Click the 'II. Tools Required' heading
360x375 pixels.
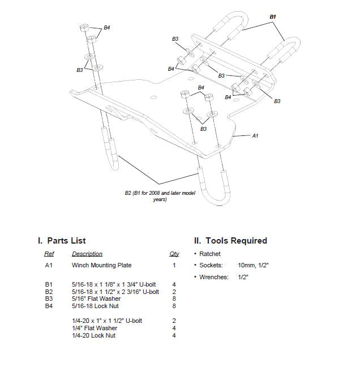pyautogui.click(x=230, y=241)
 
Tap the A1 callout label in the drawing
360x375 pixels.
pyautogui.click(x=255, y=135)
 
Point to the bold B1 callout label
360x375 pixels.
pyautogui.click(x=273, y=17)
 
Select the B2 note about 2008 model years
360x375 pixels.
pyautogui.click(x=160, y=196)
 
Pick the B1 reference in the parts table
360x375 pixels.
pyautogui.click(x=49, y=284)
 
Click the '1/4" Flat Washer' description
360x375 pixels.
pyautogui.click(x=95, y=328)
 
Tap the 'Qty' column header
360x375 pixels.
pyautogui.click(x=174, y=254)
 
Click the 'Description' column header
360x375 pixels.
pyautogui.click(x=87, y=254)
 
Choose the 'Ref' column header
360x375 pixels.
pyautogui.click(x=49, y=254)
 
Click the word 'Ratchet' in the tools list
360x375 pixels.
pyautogui.click(x=210, y=254)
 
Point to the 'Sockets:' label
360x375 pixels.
pyautogui.click(x=211, y=265)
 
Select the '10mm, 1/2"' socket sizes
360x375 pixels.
pyautogui.click(x=253, y=265)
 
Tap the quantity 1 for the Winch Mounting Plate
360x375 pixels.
pyautogui.click(x=174, y=265)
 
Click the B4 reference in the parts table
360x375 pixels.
pyautogui.click(x=49, y=306)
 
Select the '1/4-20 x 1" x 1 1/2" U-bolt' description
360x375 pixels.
pyautogui.click(x=107, y=321)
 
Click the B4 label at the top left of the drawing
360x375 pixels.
pyautogui.click(x=106, y=27)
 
